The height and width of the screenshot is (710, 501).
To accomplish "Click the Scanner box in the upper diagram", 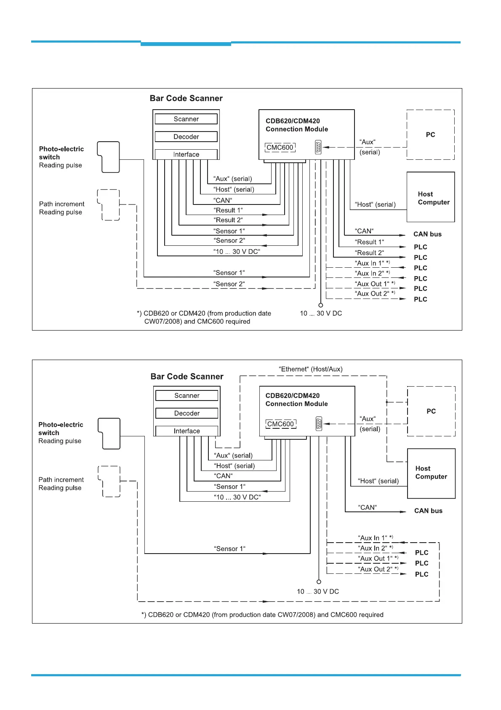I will [186, 119].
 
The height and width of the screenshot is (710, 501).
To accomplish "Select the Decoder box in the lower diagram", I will [187, 414].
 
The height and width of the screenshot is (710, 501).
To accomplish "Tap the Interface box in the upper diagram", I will [186, 155].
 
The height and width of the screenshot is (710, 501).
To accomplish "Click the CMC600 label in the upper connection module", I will [280, 148].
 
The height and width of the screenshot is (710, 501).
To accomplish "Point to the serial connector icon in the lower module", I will [319, 424].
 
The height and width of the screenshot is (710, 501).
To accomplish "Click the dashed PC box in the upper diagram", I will [430, 135].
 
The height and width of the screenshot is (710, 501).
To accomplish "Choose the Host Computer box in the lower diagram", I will [431, 473].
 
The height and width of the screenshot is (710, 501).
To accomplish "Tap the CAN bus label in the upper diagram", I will [427, 234].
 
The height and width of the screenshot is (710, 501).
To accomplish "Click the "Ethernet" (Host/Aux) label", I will [311, 369].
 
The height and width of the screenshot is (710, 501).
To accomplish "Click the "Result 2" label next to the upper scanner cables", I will [228, 220].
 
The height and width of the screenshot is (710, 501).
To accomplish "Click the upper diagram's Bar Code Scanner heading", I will [186, 99].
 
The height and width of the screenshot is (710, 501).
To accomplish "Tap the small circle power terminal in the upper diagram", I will [321, 305].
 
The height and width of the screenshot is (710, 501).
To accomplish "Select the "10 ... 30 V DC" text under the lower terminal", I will [318, 592].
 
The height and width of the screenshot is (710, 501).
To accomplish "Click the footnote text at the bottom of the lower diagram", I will [262, 615].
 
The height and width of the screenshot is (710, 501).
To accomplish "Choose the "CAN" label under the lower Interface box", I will [223, 476].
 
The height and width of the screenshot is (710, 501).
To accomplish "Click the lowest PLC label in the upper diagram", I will [421, 299].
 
